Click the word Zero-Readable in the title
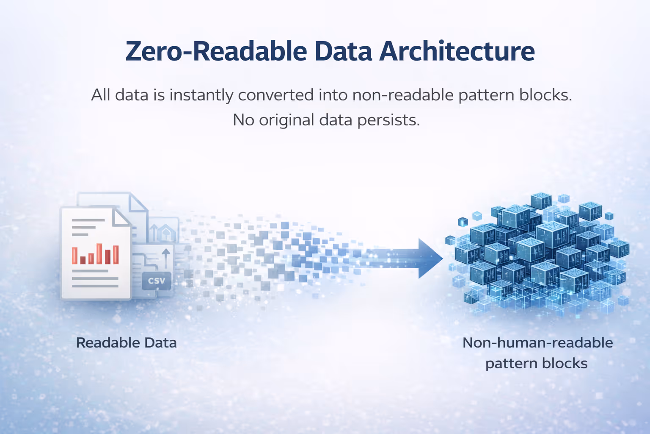coord(216,51)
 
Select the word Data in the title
coord(343,51)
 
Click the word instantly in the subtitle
coord(201,95)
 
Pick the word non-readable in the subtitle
coord(403,95)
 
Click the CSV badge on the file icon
coord(157,281)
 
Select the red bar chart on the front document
coord(96,254)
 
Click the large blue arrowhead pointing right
coord(430,259)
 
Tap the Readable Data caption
coord(127,343)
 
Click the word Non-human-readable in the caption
coord(538,343)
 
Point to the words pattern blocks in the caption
coord(537,364)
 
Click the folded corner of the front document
coord(121,217)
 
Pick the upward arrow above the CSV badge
coord(166,259)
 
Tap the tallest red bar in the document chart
coord(99,253)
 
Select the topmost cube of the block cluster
coord(541,200)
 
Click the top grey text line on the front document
coord(88,220)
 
